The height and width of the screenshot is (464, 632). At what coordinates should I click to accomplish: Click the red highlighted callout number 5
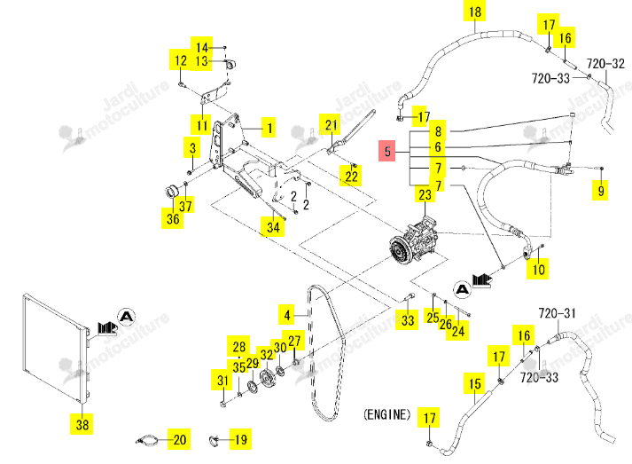click(387, 151)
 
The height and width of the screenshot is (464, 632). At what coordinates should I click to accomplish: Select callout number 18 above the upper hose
click(475, 12)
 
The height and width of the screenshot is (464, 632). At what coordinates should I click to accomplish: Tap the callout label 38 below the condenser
click(82, 424)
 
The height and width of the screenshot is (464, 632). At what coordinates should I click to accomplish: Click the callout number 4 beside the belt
click(287, 315)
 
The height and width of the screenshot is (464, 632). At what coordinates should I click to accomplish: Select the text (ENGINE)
click(387, 414)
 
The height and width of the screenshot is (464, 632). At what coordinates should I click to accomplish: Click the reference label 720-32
click(605, 64)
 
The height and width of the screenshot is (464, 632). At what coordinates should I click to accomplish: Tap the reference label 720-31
click(557, 313)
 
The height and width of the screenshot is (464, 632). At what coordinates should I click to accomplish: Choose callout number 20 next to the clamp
click(179, 439)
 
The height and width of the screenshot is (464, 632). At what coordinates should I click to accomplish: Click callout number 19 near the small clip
click(240, 439)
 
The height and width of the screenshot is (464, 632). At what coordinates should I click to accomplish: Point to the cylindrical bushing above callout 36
click(173, 192)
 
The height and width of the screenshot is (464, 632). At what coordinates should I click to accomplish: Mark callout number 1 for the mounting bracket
click(269, 129)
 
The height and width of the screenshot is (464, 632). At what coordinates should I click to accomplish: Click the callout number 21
click(332, 125)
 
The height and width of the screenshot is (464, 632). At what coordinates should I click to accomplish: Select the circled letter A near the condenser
click(127, 317)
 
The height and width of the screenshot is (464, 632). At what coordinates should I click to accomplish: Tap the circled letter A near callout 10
click(463, 290)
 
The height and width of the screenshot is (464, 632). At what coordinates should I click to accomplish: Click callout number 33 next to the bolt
click(407, 320)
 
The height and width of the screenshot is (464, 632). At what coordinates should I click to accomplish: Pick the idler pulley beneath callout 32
click(267, 378)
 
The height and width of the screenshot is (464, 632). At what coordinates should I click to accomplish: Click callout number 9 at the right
click(601, 190)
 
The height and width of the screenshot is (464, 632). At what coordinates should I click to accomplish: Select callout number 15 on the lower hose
click(475, 383)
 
